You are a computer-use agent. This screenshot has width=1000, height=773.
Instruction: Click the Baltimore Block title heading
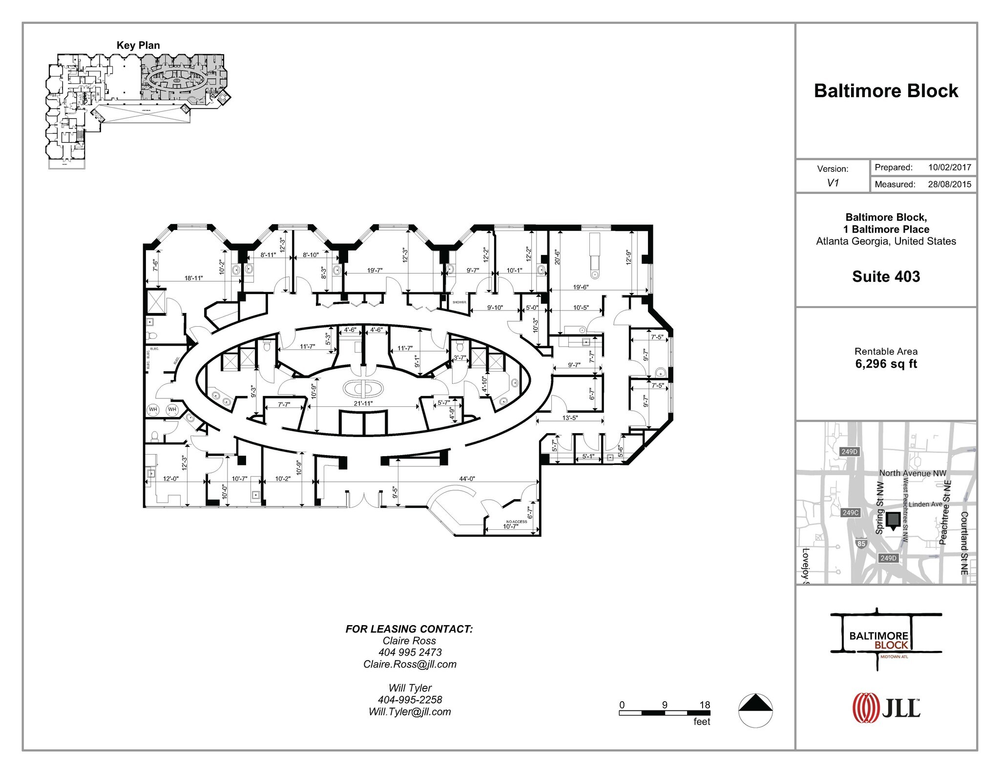click(886, 91)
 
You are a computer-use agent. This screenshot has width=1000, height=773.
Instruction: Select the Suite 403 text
click(886, 276)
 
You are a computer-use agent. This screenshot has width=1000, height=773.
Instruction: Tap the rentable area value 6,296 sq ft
click(886, 364)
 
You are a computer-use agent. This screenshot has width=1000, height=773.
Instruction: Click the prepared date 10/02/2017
click(949, 167)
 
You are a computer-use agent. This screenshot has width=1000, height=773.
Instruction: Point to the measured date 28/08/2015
click(949, 185)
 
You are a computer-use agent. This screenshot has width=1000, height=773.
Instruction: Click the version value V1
click(833, 183)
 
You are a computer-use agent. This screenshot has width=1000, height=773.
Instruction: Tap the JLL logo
click(886, 707)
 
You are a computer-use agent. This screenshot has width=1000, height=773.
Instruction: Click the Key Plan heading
click(138, 45)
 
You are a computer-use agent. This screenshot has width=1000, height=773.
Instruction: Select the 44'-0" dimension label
click(467, 479)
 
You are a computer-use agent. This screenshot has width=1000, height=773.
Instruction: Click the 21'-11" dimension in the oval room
click(363, 403)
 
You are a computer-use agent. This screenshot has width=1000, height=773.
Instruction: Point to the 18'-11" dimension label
click(193, 278)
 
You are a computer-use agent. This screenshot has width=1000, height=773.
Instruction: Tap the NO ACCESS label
click(516, 522)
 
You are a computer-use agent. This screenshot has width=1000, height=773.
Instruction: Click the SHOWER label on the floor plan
click(459, 302)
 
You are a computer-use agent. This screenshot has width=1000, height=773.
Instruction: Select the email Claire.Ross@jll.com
click(410, 664)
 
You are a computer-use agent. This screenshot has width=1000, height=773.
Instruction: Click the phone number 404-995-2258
click(410, 700)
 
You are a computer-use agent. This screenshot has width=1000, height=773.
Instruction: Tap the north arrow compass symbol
click(755, 710)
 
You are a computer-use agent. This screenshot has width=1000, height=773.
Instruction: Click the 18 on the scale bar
click(704, 705)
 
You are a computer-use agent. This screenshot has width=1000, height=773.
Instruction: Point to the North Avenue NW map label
click(912, 473)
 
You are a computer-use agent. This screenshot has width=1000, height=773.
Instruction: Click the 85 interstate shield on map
click(861, 543)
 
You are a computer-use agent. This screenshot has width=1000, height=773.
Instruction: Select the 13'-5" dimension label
click(570, 418)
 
